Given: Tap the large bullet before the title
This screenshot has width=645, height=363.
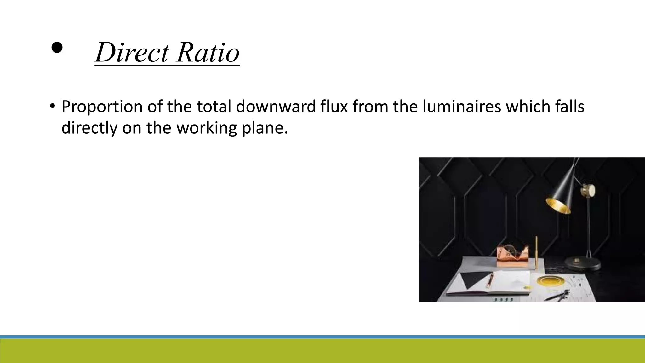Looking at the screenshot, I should (x=57, y=48).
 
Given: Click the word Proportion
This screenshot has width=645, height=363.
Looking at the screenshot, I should (x=102, y=107).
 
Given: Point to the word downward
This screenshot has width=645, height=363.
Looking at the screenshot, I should (x=276, y=107).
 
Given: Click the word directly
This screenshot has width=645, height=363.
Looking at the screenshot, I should (x=89, y=128).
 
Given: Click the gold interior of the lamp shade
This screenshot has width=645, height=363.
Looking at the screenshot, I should (x=558, y=206).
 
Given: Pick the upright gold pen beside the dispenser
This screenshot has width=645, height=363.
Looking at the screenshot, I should (x=536, y=252).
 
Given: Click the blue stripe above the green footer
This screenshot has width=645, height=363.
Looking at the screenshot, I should (x=322, y=337).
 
